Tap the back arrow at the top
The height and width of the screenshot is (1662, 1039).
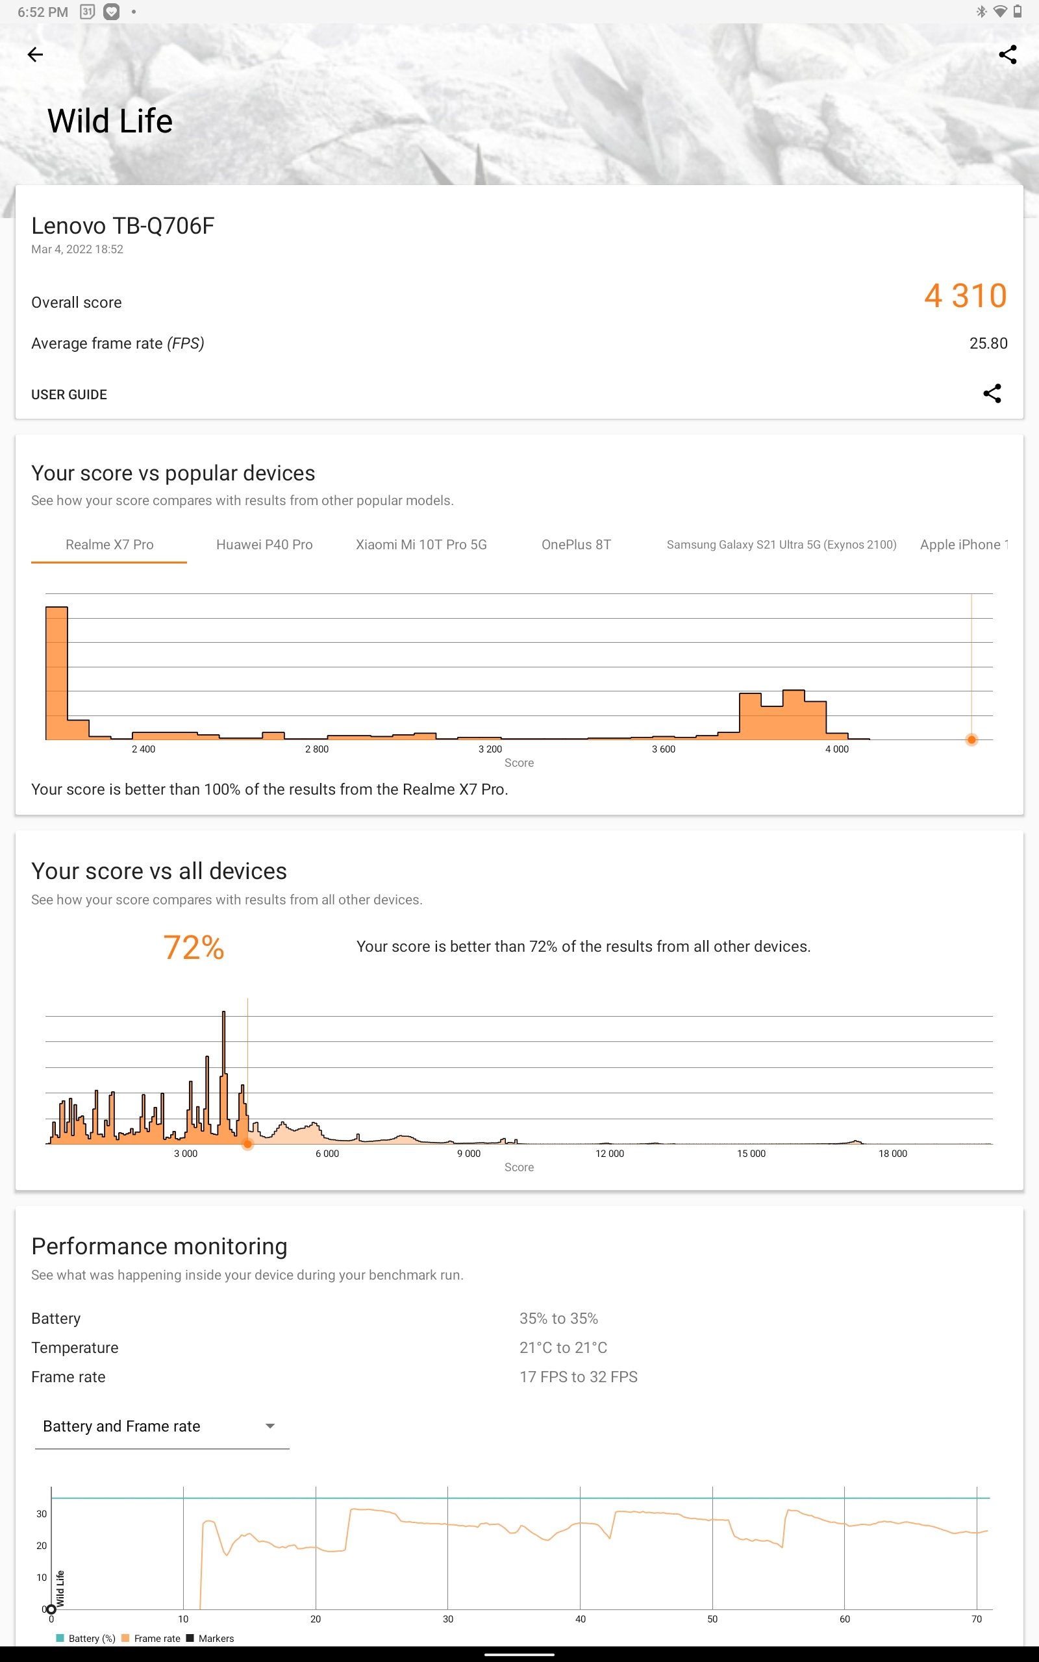35,55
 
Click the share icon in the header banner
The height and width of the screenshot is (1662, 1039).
1007,55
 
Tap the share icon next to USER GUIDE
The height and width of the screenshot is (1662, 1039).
992,393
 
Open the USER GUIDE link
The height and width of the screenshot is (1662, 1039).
69,394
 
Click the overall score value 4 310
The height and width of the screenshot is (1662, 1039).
965,296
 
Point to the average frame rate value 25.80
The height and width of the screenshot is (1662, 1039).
988,343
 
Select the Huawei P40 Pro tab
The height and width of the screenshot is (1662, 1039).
264,545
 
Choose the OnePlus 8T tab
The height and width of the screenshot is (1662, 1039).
576,545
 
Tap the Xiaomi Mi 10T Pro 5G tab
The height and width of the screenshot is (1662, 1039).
421,545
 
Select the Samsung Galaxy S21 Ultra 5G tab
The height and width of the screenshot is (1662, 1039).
781,545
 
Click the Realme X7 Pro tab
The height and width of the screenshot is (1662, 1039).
109,545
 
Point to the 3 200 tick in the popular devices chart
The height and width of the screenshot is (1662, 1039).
490,749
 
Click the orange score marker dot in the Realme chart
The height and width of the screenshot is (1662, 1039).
971,739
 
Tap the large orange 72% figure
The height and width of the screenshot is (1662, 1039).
194,948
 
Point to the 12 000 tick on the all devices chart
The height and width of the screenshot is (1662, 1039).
610,1154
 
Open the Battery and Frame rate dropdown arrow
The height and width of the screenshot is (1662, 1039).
270,1426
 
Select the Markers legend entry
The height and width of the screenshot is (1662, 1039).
210,1639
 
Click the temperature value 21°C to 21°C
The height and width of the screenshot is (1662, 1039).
564,1348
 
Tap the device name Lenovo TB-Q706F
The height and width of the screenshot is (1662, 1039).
123,226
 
